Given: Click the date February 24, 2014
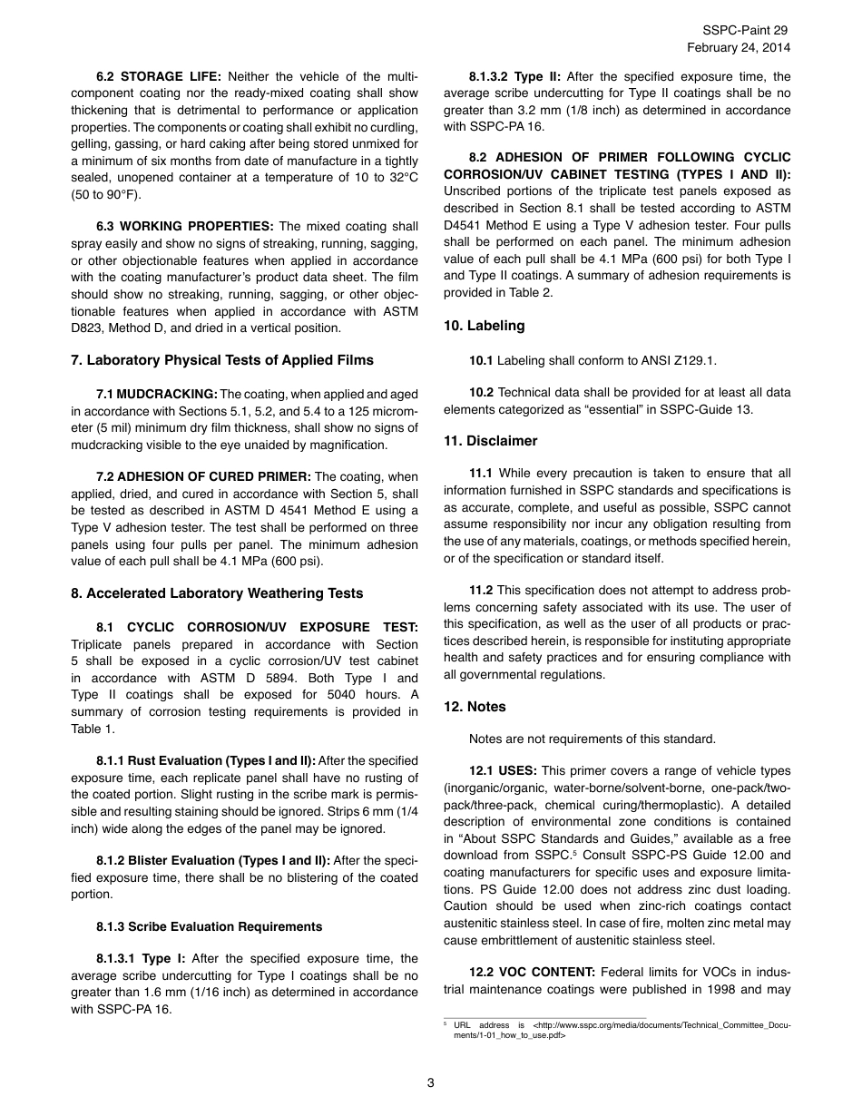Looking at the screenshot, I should [x=738, y=47].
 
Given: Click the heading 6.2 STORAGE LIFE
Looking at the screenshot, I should [x=158, y=76].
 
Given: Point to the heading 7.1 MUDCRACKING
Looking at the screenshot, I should [x=156, y=394].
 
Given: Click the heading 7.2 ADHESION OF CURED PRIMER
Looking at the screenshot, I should [x=203, y=476].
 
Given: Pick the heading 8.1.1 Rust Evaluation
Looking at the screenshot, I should [x=205, y=760].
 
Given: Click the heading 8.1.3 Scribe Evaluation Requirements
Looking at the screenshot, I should [x=209, y=926].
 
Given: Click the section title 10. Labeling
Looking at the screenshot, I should [x=484, y=326].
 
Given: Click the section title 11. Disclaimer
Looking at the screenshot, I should [x=490, y=441].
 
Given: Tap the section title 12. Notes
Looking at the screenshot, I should [x=475, y=707].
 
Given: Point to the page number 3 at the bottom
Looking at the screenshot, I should [x=431, y=1082].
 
